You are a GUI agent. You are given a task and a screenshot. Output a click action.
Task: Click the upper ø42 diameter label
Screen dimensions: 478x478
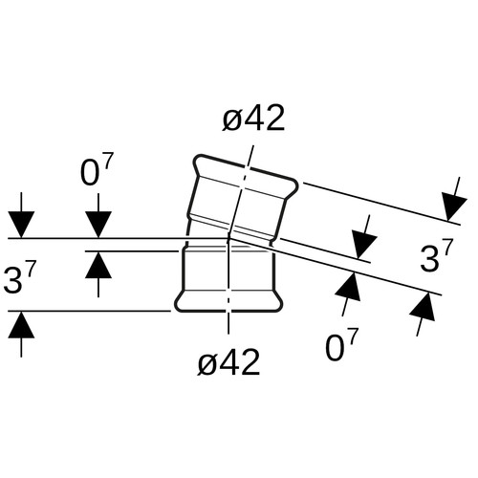pos(253,118)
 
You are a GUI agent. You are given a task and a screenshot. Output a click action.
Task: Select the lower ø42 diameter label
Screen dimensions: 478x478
pos(228,362)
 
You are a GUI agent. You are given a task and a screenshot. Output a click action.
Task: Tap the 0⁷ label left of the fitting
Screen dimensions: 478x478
pos(97,170)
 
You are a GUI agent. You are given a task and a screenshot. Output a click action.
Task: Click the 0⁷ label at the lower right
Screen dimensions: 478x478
pos(342,345)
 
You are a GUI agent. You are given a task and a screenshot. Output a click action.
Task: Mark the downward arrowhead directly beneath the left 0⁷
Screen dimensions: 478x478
pos(98,225)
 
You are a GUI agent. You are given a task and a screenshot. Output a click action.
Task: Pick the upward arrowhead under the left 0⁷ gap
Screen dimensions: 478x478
pos(98,265)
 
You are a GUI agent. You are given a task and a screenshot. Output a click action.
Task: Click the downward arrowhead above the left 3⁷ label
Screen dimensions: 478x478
pos(21,225)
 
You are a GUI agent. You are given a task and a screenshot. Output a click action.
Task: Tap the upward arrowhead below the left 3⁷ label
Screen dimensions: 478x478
pos(21,324)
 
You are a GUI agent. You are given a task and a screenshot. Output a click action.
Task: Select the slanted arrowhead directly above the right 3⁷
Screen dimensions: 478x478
pos(455,206)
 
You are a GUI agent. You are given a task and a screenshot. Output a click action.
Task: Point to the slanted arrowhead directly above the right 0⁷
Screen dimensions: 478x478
pos(348,286)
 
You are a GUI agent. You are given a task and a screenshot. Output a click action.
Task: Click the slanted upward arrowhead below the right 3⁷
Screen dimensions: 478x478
pos(423,307)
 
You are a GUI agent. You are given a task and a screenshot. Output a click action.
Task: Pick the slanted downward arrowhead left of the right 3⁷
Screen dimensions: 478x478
pos(364,247)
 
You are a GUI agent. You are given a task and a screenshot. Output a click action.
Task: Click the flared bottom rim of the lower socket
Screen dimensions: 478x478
pos(228,301)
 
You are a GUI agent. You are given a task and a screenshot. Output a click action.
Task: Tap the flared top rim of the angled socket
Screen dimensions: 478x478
pos(246,174)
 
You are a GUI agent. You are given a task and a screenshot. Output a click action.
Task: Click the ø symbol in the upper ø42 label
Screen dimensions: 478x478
pos(231,119)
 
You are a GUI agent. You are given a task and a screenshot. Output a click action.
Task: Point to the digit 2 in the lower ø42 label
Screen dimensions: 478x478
pos(250,362)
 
